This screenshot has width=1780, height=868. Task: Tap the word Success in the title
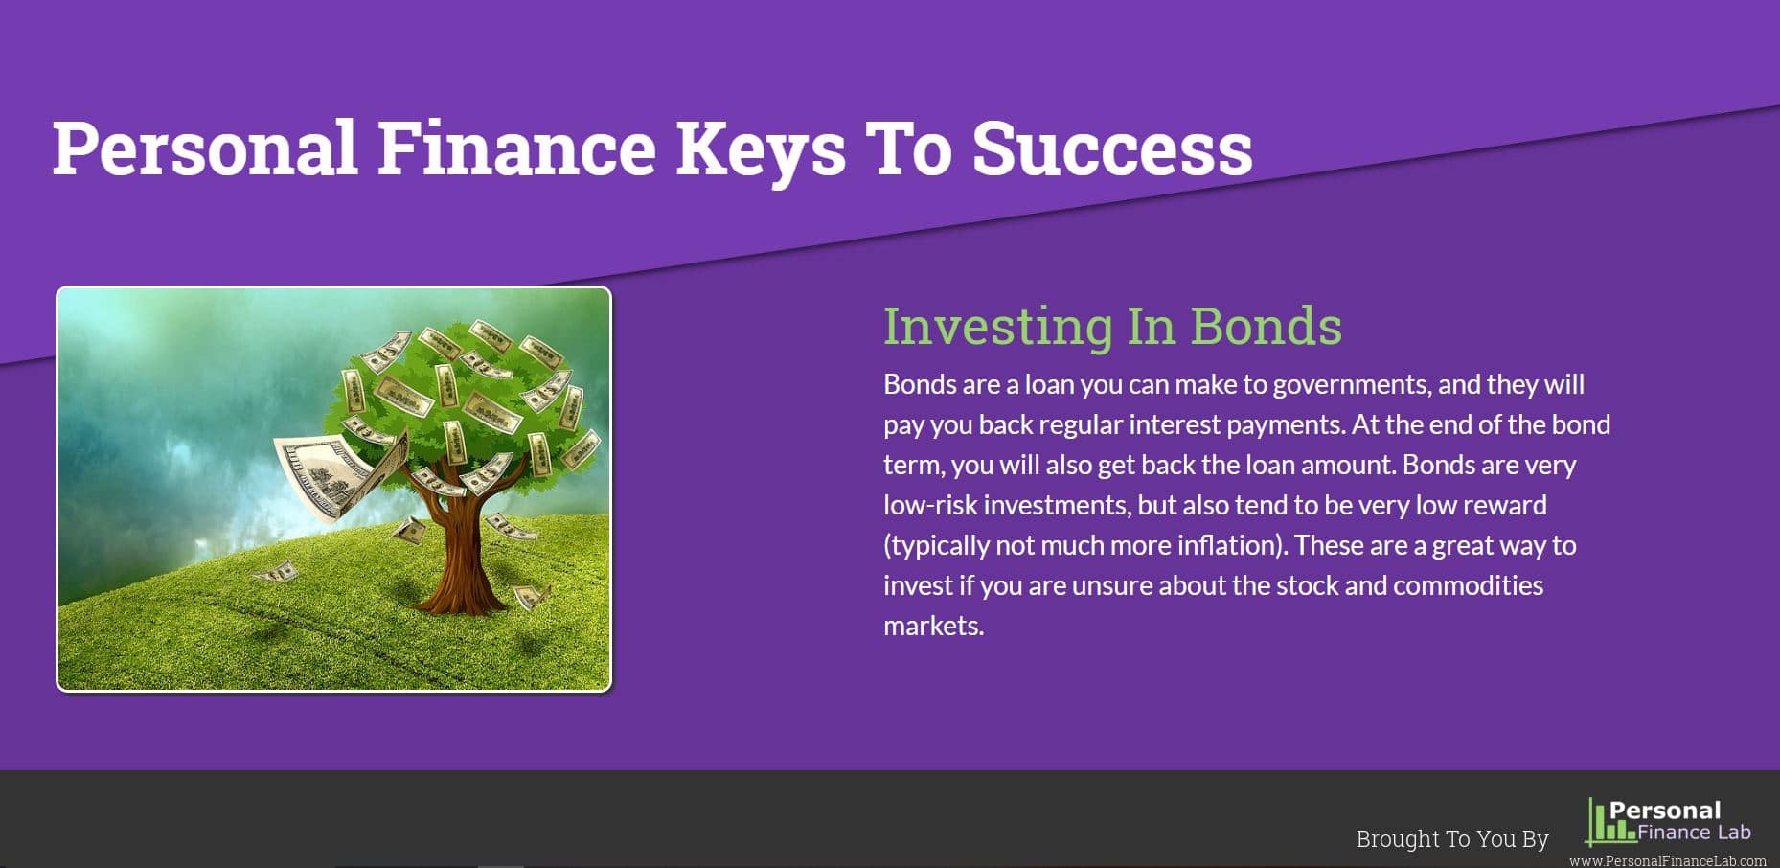pos(1112,148)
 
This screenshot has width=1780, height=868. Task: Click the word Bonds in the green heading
pos(1266,326)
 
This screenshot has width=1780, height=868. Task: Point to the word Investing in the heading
pos(997,328)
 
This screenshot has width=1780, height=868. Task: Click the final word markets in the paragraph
pos(934,626)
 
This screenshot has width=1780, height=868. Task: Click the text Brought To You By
pos(1452,839)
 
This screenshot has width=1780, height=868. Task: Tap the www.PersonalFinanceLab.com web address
pos(1668,861)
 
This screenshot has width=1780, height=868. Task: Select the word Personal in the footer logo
pos(1665,811)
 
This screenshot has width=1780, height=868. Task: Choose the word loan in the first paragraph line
pos(1049,385)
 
